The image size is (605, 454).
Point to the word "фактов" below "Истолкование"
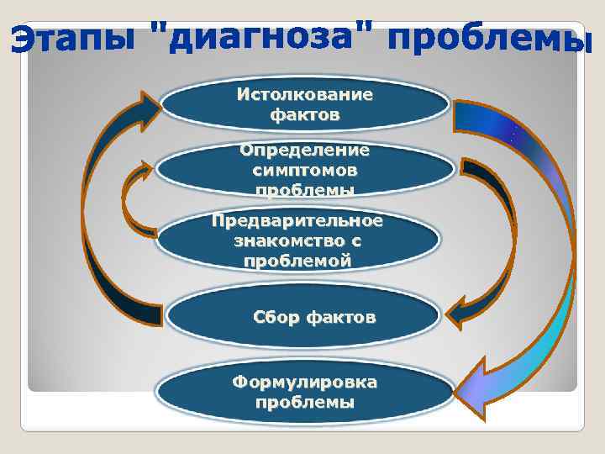[x=304, y=113]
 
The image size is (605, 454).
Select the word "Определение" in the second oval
[x=304, y=150]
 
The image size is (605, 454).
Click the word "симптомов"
[x=304, y=170]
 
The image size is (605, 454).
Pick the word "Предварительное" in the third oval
[x=297, y=221]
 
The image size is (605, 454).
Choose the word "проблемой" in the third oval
[x=297, y=261]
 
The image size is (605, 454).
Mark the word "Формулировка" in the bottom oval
[x=304, y=383]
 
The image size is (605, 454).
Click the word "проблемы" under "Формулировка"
[x=304, y=402]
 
